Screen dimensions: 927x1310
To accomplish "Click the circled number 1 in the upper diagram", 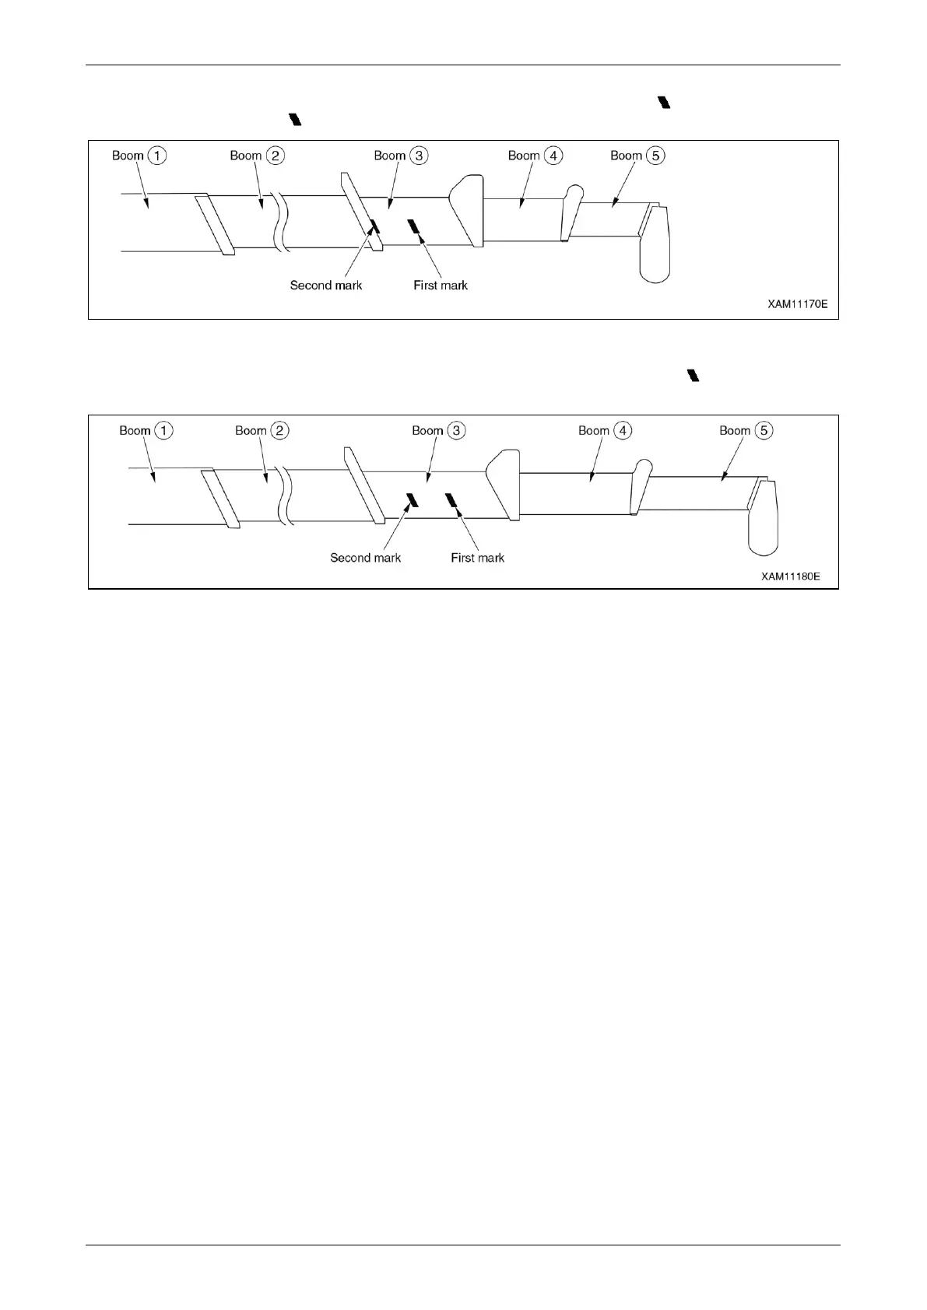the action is [157, 156].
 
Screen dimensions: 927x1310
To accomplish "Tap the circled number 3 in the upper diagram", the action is [419, 156].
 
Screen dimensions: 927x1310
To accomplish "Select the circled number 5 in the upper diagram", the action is [655, 156].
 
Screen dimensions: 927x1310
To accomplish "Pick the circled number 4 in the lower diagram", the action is [623, 430].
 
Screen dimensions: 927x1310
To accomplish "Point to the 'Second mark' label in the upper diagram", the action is [326, 285].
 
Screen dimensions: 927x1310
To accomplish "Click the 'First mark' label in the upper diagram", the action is [441, 285].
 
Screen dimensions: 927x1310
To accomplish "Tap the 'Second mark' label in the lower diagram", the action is [366, 558].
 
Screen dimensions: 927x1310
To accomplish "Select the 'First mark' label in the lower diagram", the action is [478, 558].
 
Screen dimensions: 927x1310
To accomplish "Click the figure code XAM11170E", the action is [798, 305].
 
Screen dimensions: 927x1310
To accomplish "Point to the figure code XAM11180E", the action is [791, 577].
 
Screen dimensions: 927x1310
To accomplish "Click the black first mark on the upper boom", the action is [414, 226].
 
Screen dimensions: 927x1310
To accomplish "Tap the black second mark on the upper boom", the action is [373, 226].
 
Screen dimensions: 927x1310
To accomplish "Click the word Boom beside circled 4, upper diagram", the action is [524, 156].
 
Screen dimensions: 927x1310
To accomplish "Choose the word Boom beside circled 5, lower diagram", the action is [735, 430].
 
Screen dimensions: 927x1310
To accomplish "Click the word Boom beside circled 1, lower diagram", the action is [135, 430].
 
